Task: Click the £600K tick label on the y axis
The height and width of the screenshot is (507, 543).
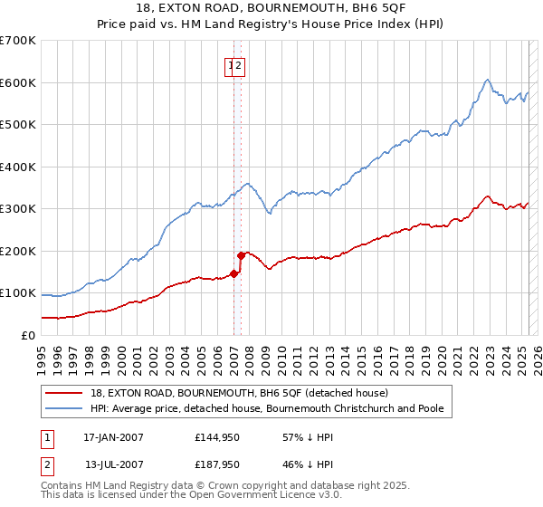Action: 18,82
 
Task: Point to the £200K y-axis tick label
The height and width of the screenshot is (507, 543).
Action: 18,251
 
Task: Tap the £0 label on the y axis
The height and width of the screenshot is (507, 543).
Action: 29,335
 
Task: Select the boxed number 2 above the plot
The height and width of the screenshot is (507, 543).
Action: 240,65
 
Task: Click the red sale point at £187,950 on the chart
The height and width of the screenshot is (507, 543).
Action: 241,255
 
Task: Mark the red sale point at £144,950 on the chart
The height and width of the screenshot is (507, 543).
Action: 233,273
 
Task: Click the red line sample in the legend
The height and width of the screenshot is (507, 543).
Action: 63,393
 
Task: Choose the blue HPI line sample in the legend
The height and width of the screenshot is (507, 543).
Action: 63,408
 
